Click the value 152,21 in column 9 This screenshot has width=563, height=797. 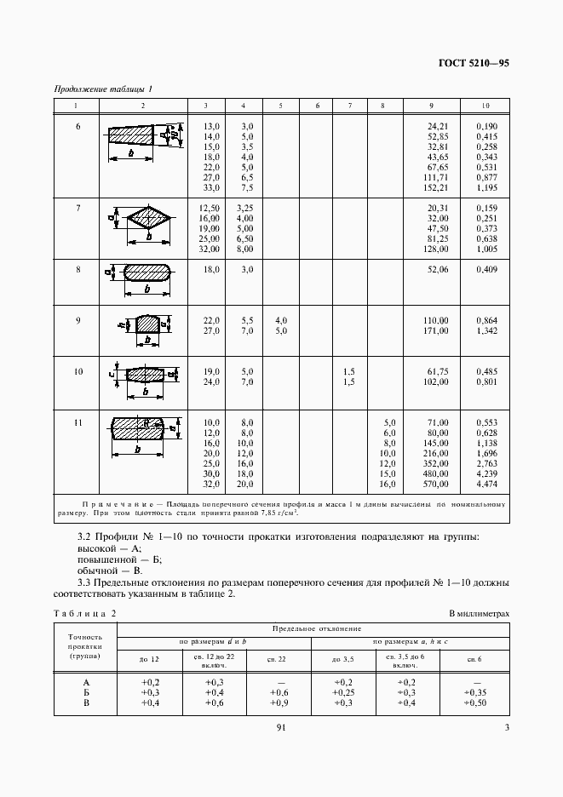(437, 187)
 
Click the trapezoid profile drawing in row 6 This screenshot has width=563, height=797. (135, 135)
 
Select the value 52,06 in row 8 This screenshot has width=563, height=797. (437, 270)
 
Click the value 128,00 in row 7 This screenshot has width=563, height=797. (436, 249)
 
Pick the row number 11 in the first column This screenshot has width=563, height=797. (78, 423)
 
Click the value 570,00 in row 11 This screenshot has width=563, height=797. (436, 485)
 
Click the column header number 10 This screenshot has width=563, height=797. (485, 106)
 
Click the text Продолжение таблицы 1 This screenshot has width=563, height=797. (102, 89)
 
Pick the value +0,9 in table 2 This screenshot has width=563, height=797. (278, 703)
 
